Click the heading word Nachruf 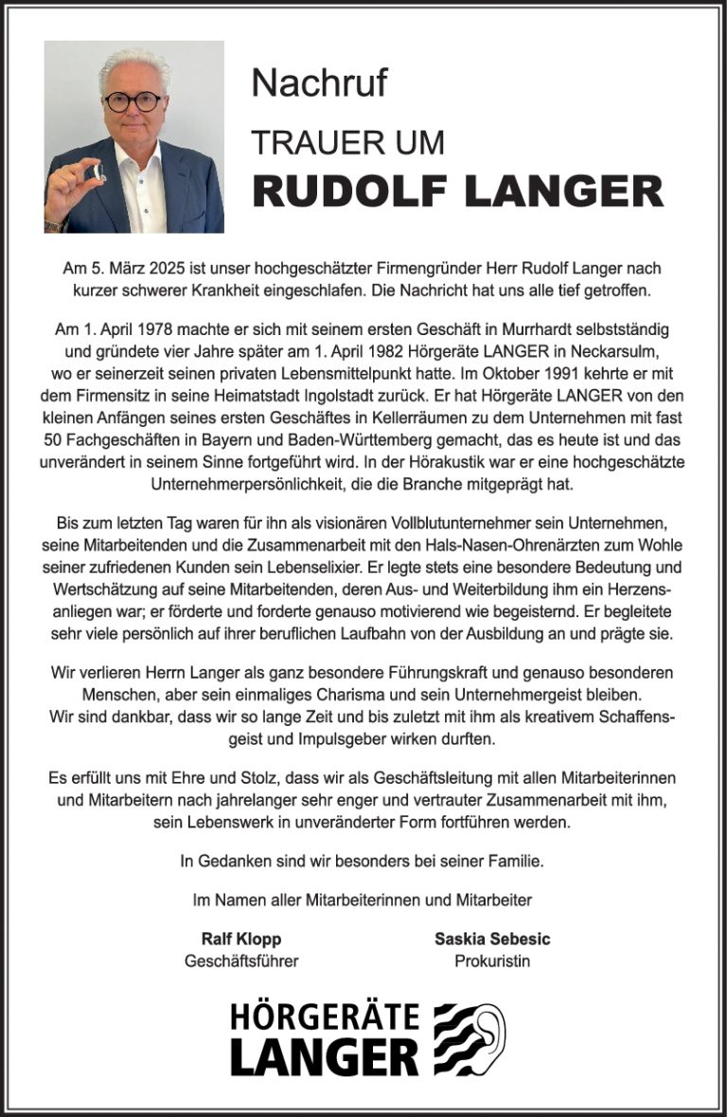click(x=319, y=83)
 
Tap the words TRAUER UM click(x=347, y=143)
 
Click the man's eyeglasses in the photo click(x=134, y=101)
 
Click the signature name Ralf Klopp click(x=241, y=940)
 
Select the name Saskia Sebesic click(x=492, y=940)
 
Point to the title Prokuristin click(x=492, y=962)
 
